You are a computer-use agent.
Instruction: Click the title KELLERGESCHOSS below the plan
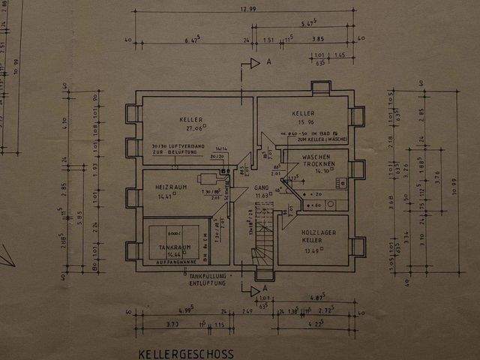[186, 353]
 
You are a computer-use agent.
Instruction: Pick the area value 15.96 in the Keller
[303, 122]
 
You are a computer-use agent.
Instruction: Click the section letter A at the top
[268, 64]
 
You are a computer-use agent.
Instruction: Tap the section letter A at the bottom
[265, 289]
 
